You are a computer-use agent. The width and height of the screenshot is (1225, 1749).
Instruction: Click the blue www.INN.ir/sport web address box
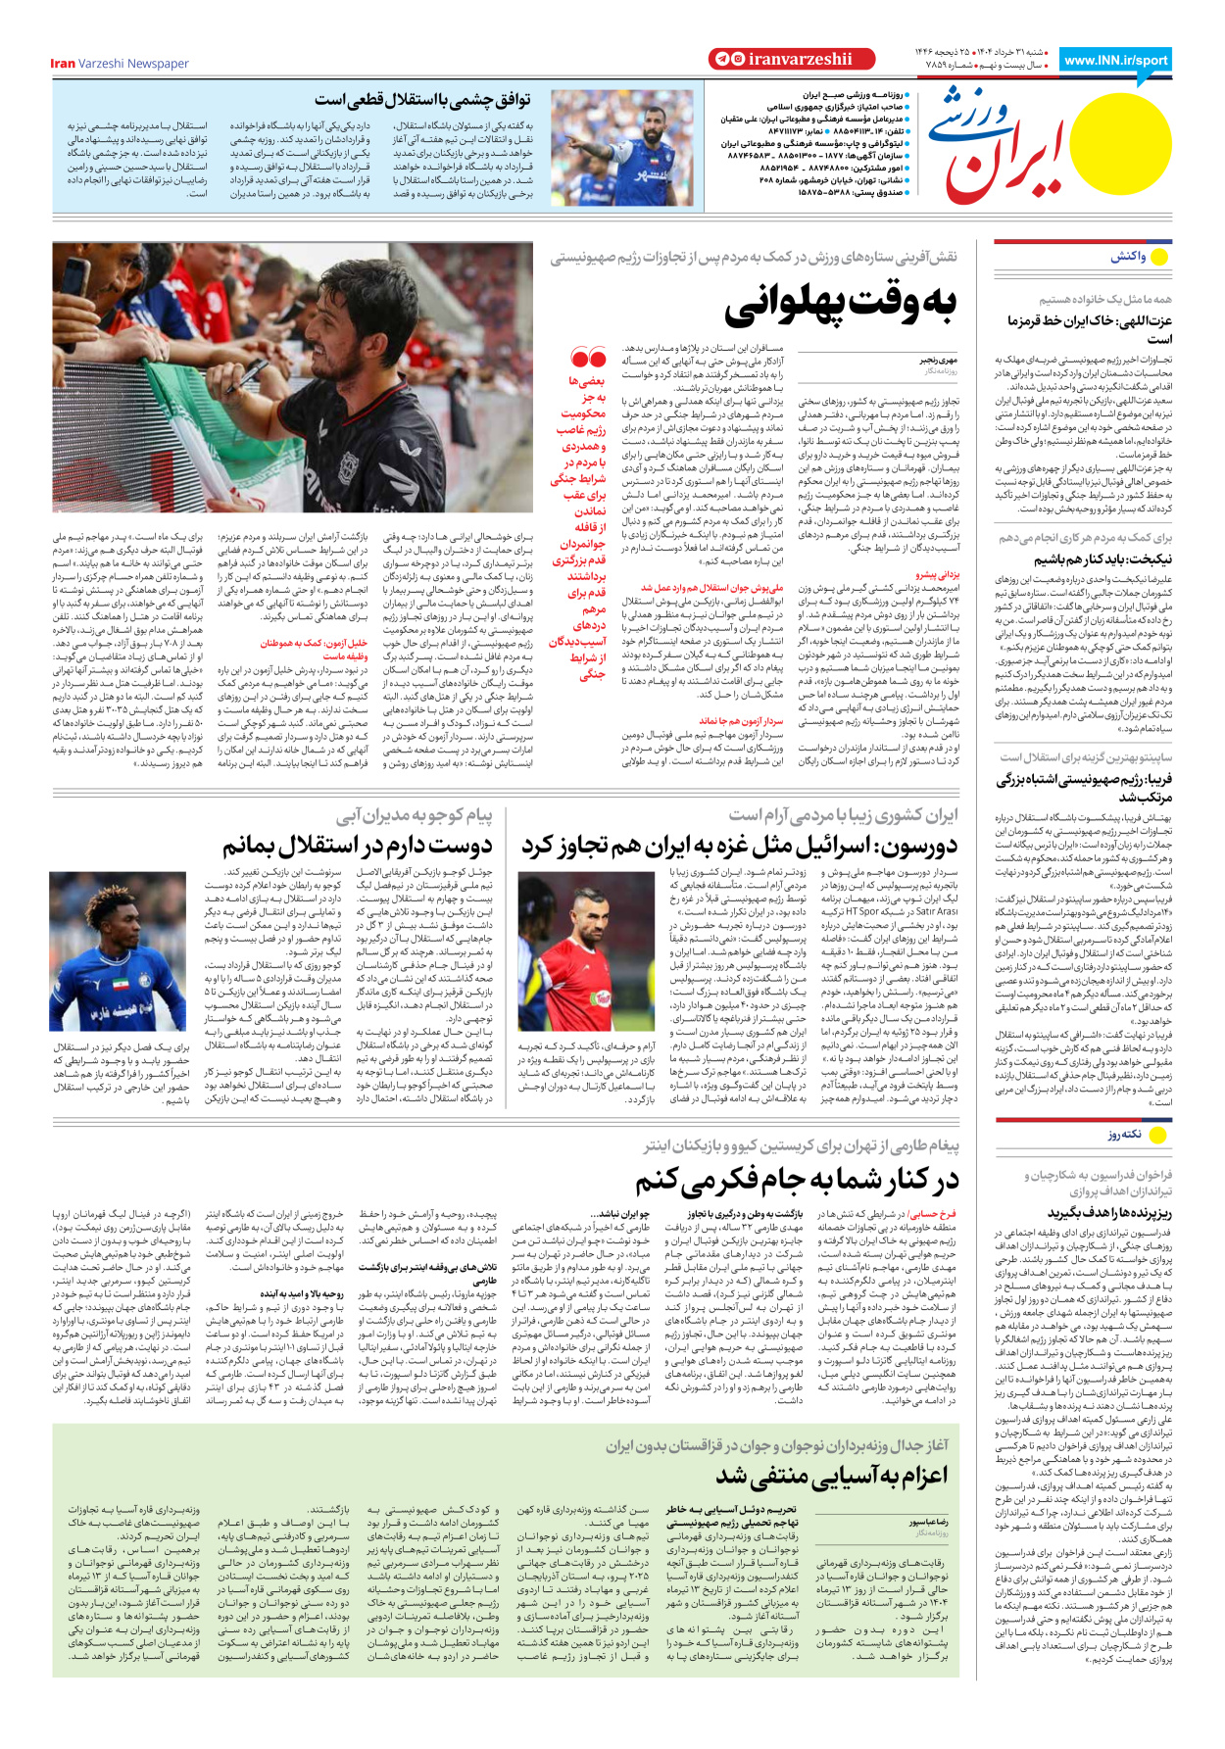tap(1115, 60)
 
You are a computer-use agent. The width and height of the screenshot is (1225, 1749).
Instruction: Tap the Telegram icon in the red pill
tap(720, 60)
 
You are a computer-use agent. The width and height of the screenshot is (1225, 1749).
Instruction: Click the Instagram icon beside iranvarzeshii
tap(736, 60)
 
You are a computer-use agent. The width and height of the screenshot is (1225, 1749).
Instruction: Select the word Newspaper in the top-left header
tap(158, 64)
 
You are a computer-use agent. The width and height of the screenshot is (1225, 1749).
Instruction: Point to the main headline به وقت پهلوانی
tap(840, 306)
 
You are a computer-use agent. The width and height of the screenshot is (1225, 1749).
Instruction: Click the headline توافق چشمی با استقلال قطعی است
tap(422, 100)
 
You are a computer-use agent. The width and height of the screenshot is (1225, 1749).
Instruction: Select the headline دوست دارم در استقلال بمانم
tap(357, 845)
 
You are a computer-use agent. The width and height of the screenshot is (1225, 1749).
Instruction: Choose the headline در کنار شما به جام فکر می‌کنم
tap(797, 1180)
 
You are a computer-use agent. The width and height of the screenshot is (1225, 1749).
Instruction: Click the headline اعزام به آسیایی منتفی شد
tap(831, 1476)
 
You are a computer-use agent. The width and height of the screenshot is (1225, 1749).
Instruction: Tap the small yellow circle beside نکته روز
tap(1158, 1135)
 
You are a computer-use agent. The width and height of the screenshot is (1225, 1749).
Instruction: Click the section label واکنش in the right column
tap(1127, 257)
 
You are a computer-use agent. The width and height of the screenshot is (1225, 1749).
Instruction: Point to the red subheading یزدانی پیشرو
tap(938, 575)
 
